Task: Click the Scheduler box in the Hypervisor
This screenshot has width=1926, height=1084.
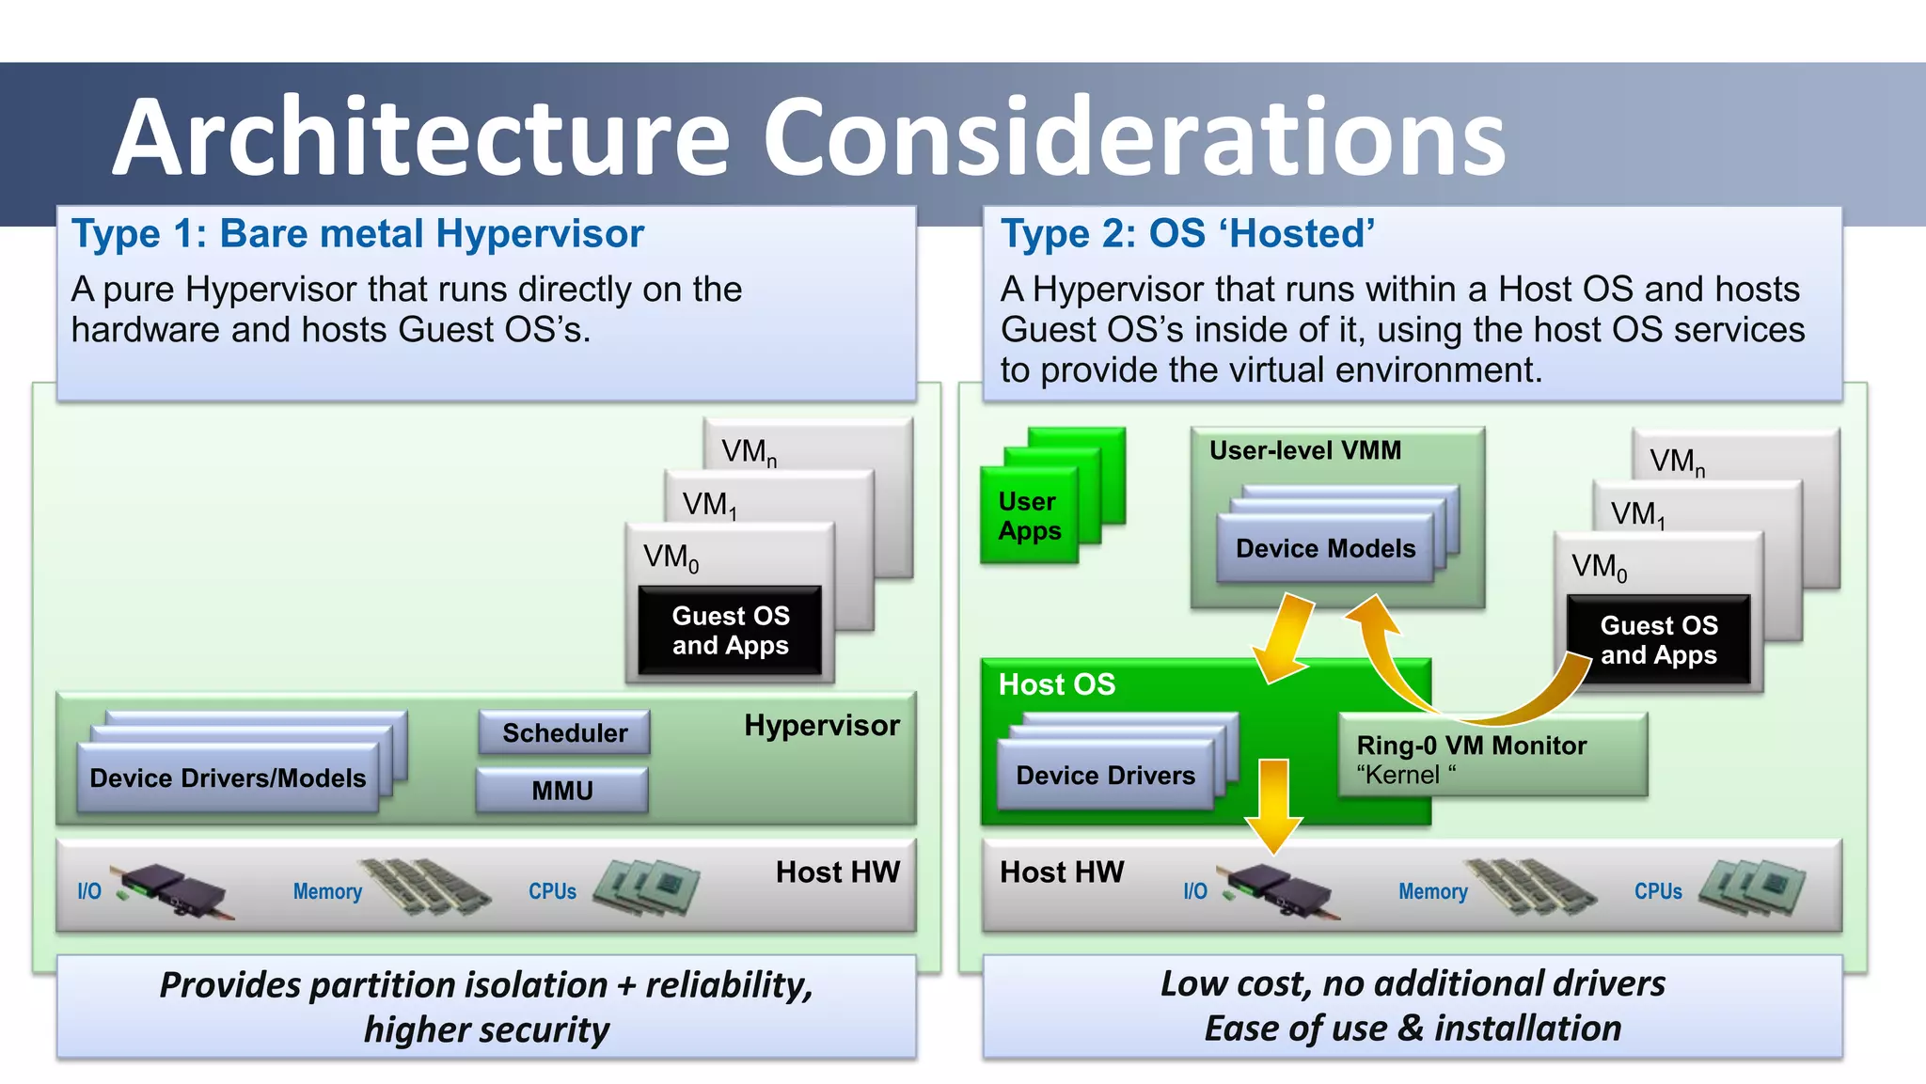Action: (x=564, y=732)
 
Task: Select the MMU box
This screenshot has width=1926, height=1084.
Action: (x=561, y=790)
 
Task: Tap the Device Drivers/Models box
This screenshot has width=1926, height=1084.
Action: (x=228, y=778)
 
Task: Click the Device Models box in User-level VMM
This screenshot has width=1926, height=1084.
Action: (x=1325, y=549)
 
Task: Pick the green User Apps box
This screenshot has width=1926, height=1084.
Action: (x=1029, y=516)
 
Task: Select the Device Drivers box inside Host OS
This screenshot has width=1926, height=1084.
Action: (x=1105, y=776)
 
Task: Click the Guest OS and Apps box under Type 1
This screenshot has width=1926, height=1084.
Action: (x=730, y=631)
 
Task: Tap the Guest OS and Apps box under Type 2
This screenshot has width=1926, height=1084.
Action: (x=1658, y=640)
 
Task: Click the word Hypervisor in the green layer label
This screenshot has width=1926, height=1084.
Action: (x=821, y=726)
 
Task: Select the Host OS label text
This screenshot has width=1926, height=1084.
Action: (x=1056, y=684)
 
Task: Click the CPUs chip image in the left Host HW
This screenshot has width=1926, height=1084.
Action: (x=647, y=887)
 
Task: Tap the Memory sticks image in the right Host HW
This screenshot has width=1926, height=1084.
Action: (x=1532, y=888)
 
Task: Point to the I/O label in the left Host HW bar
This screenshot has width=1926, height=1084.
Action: (x=89, y=891)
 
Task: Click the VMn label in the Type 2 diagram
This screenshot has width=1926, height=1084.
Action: (x=1677, y=462)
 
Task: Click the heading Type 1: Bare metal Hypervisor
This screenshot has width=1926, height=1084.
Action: (x=357, y=234)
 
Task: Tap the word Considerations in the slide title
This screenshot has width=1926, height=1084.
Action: (x=1133, y=138)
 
